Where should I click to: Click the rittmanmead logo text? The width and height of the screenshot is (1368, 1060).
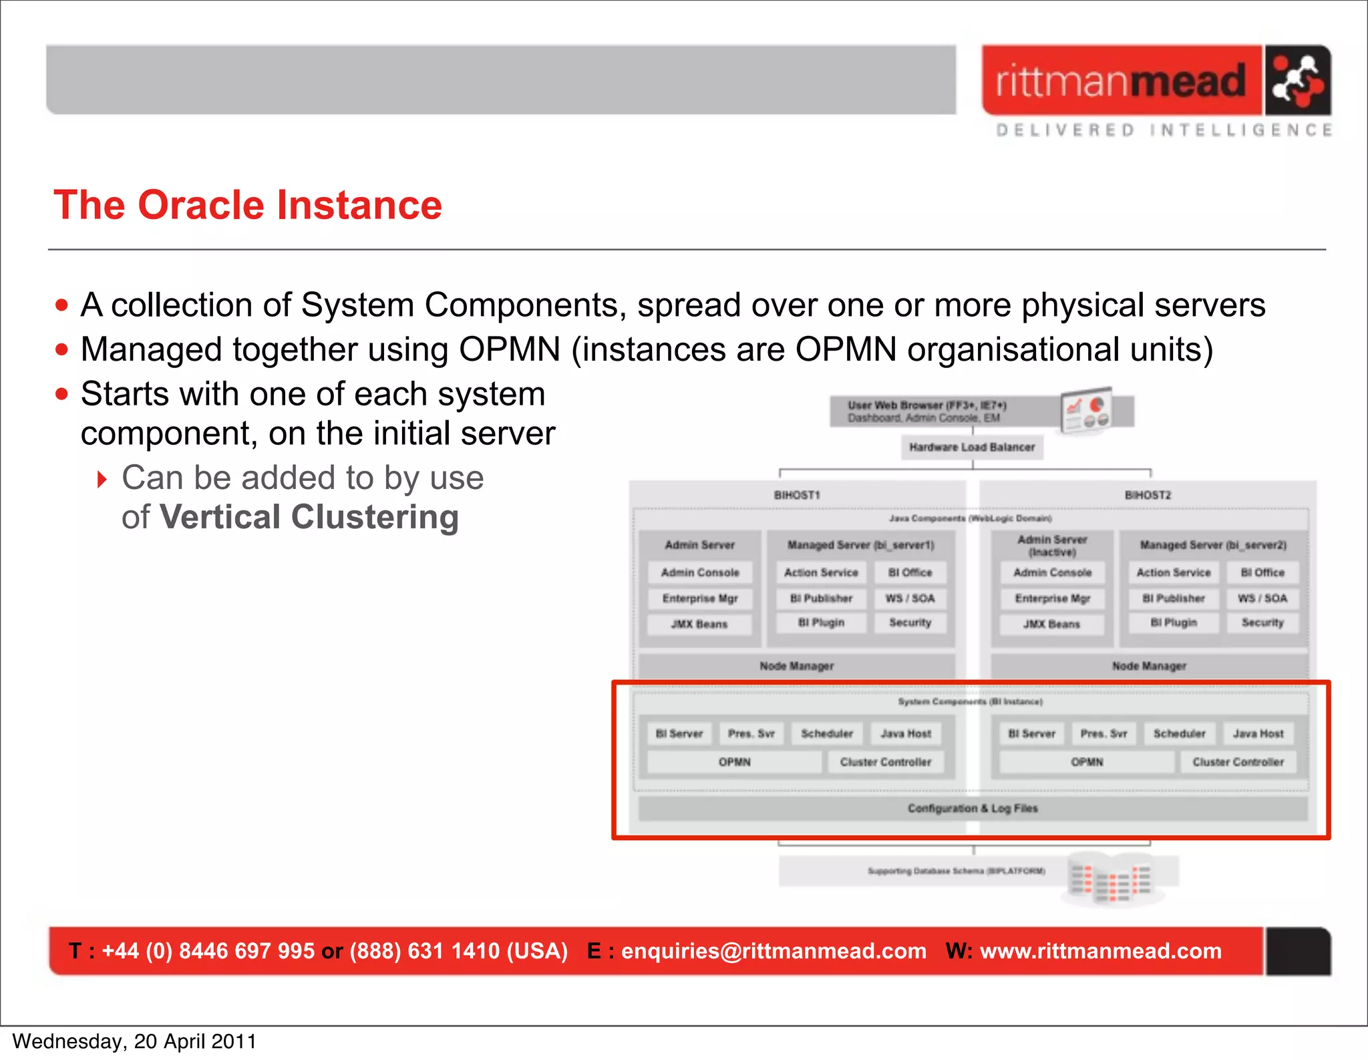click(x=1121, y=81)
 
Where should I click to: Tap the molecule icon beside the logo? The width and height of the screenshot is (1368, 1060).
click(x=1297, y=81)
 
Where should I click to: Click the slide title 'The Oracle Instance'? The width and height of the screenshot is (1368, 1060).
click(x=248, y=205)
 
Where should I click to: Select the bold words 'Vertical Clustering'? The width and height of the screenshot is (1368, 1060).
click(x=309, y=518)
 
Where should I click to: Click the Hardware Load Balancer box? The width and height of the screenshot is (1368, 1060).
click(x=972, y=447)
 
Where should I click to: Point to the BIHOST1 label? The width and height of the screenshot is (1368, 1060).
click(x=796, y=495)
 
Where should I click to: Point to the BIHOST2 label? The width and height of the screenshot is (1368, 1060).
click(x=1148, y=495)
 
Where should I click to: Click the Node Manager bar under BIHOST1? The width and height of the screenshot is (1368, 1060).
click(x=796, y=666)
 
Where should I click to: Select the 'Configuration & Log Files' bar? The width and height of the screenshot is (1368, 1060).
click(x=973, y=808)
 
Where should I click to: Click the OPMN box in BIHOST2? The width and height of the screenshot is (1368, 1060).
click(x=1087, y=762)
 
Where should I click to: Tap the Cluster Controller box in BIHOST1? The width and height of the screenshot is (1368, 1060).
click(x=885, y=762)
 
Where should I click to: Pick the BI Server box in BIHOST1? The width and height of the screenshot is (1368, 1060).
click(x=679, y=733)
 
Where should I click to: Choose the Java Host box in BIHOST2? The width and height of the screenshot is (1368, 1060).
click(x=1258, y=733)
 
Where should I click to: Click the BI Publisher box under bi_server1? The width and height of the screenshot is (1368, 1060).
click(x=821, y=598)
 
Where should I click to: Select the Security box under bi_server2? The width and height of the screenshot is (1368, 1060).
click(x=1262, y=623)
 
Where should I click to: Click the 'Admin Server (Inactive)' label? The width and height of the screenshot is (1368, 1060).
click(x=1052, y=546)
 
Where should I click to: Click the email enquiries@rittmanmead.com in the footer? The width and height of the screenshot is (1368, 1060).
click(x=774, y=951)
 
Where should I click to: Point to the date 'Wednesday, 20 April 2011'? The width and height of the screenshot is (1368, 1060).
click(x=134, y=1041)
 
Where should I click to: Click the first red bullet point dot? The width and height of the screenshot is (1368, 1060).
click(x=62, y=306)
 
